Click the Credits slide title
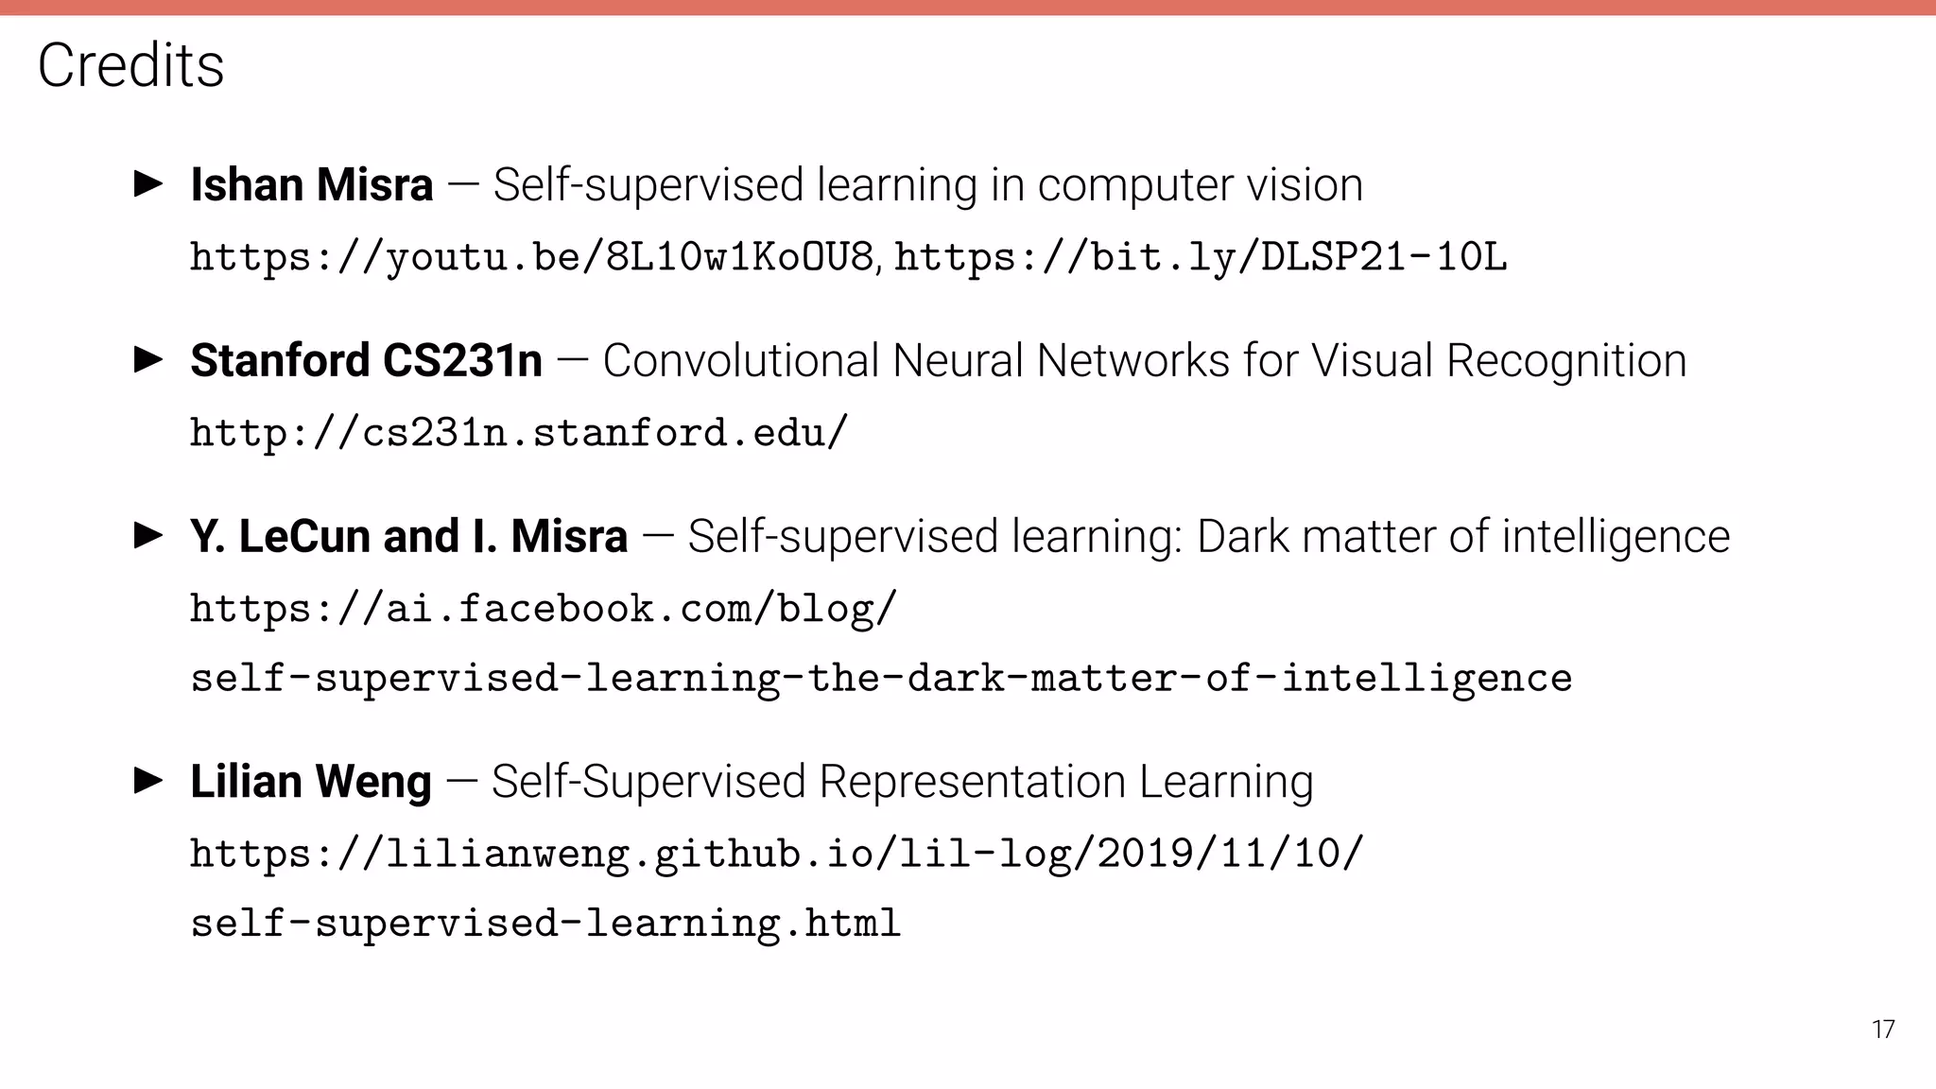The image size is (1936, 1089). [130, 65]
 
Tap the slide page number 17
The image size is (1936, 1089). [1882, 1029]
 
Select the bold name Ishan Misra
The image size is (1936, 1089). [311, 184]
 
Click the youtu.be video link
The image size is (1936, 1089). [532, 257]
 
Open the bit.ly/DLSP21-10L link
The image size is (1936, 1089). [1200, 257]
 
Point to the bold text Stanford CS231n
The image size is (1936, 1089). [366, 360]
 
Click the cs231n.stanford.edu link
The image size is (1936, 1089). [519, 433]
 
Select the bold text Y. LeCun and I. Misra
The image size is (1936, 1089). [408, 536]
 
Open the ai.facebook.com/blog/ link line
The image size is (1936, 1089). [543, 609]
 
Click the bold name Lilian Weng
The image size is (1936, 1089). [310, 782]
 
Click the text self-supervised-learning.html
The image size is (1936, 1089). [545, 924]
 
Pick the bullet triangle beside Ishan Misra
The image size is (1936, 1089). [149, 183]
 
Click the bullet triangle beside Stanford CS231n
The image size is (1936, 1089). [149, 359]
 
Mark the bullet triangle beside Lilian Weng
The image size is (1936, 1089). [149, 781]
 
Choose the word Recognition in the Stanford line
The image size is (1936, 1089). [1565, 361]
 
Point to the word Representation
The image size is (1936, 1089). [972, 783]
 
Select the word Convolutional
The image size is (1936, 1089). [740, 360]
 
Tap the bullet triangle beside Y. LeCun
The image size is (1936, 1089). [149, 535]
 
